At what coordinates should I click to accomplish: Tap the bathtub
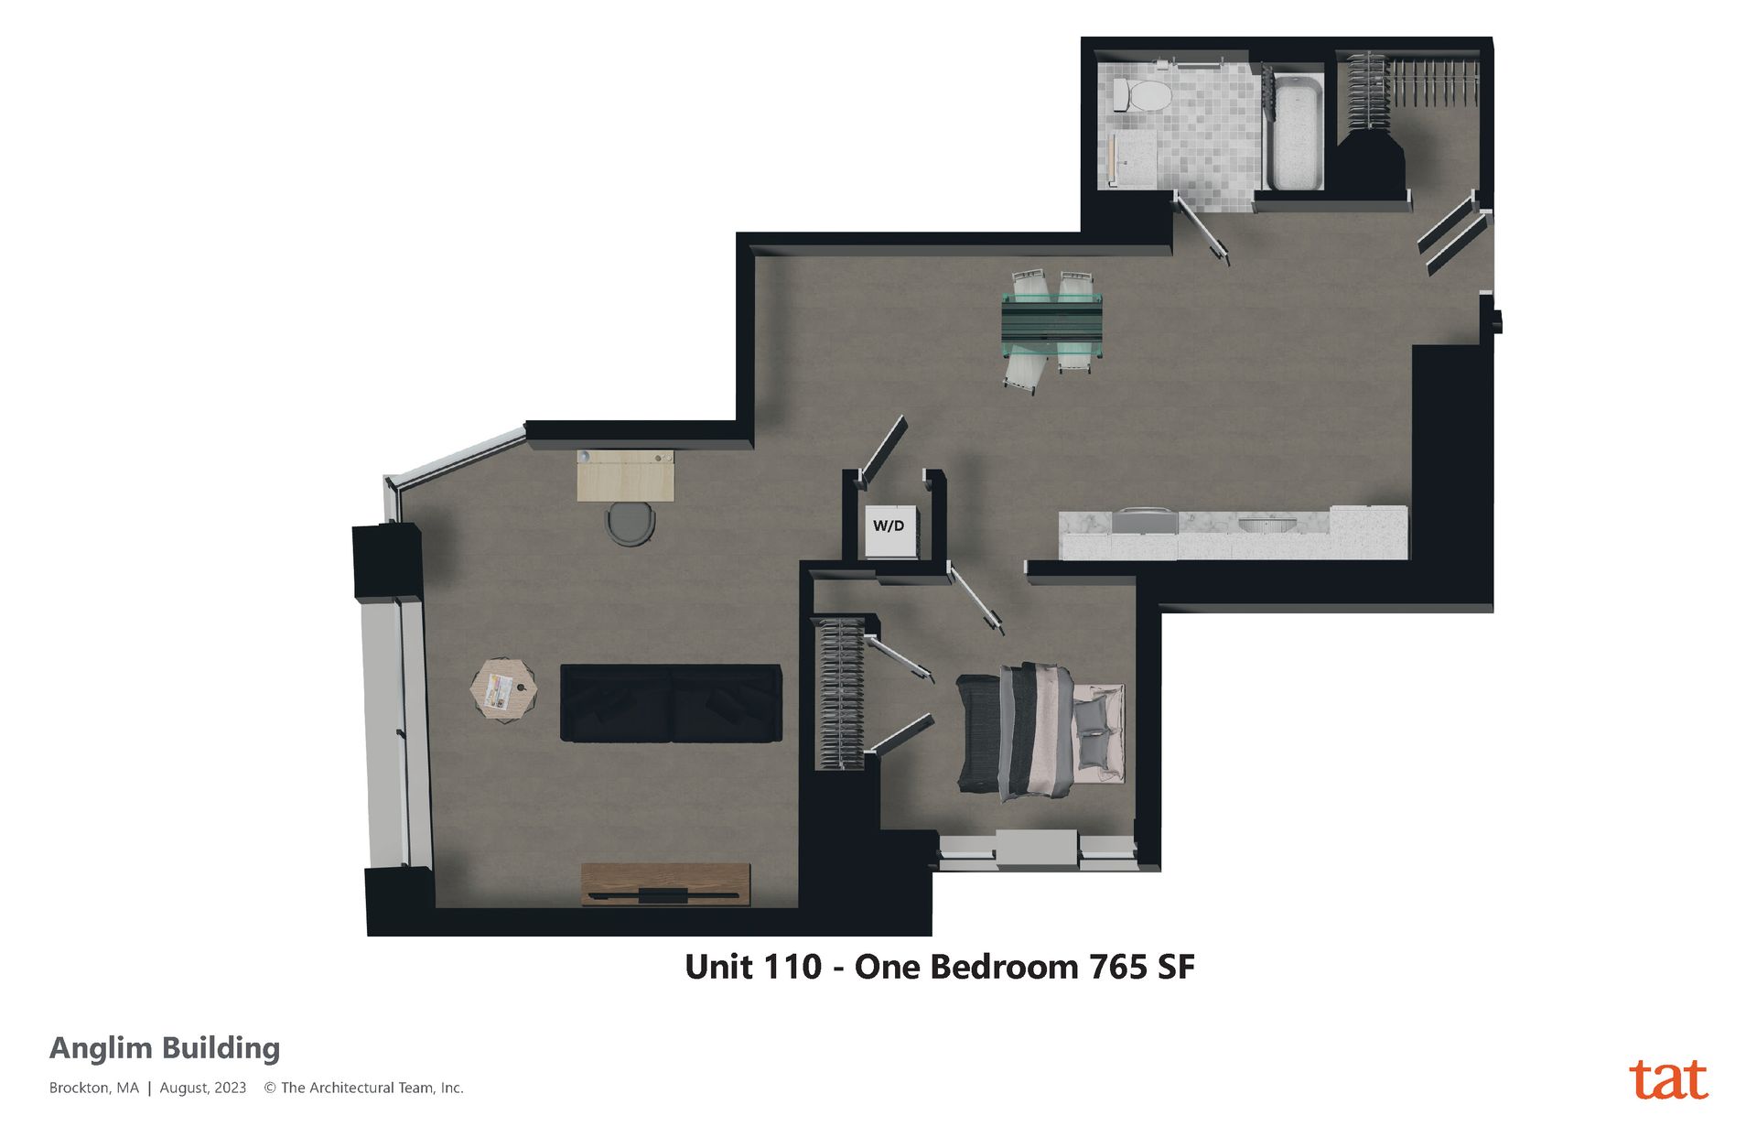tap(1295, 133)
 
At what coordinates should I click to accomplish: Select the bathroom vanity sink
tap(1133, 159)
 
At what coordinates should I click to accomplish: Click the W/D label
tap(889, 525)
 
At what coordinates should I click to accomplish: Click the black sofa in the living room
tap(671, 703)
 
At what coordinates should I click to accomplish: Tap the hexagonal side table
tap(503, 689)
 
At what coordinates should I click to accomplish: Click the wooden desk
tap(625, 475)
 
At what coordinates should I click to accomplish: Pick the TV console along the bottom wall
tap(665, 884)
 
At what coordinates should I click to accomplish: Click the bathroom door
tap(1201, 228)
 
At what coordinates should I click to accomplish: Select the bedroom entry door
tap(976, 600)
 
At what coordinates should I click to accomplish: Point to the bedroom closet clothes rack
tap(839, 694)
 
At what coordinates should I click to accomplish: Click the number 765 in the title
tap(1117, 967)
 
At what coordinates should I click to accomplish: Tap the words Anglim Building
tap(165, 1049)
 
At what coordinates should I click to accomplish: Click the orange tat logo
tap(1668, 1079)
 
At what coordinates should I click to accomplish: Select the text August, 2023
tap(203, 1088)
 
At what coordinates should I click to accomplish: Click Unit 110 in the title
tap(753, 967)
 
